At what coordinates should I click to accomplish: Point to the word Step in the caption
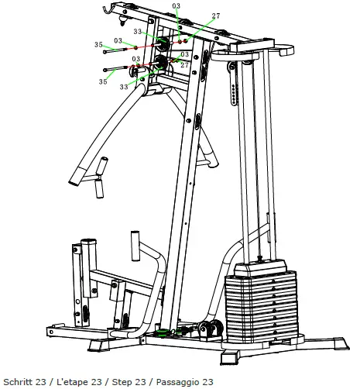pos(122,381)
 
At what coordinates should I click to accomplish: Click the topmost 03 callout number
pos(177,6)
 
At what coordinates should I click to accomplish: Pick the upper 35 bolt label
pos(98,45)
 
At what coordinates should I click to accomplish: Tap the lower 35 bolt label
pos(102,81)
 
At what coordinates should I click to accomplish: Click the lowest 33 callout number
pos(124,88)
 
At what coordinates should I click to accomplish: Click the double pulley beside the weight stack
pos(208,329)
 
